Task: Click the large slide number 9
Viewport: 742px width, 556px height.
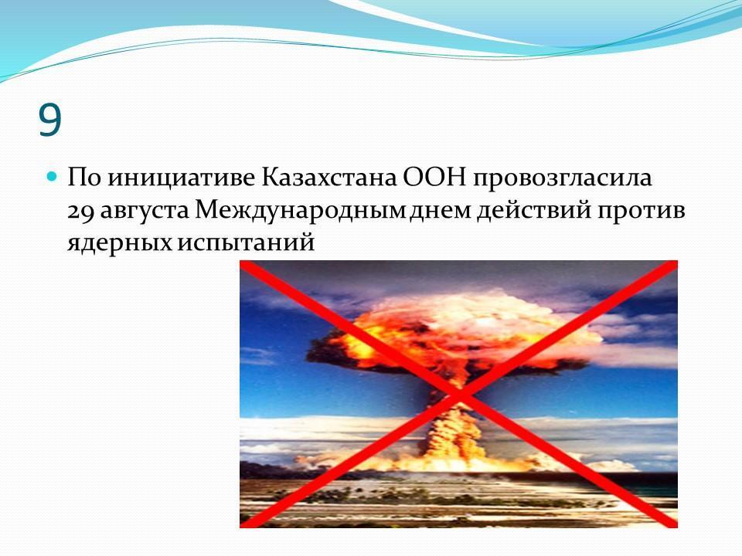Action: point(49,119)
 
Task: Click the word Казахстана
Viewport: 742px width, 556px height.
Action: point(329,178)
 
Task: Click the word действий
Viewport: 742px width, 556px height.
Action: point(534,210)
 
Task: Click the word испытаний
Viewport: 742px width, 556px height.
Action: point(246,242)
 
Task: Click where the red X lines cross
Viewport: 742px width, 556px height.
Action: point(459,395)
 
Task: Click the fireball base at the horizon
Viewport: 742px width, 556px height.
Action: point(454,461)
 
